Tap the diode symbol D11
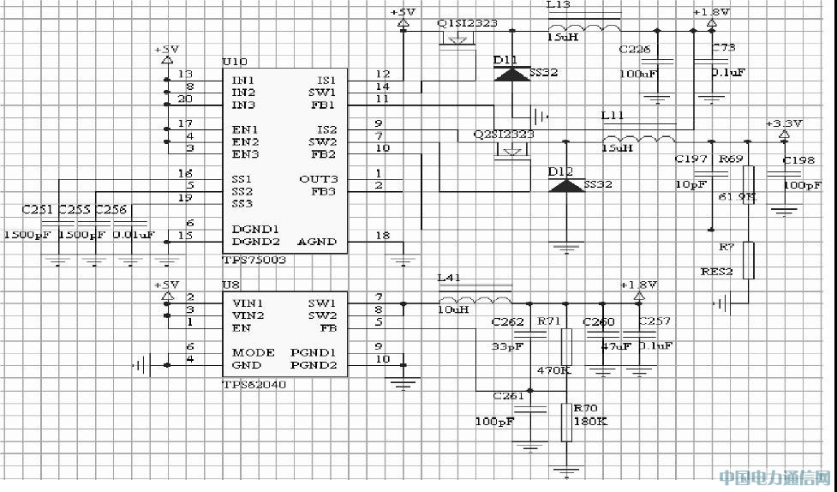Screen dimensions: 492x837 point(513,75)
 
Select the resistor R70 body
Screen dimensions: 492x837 point(565,422)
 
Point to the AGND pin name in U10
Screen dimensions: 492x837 point(316,242)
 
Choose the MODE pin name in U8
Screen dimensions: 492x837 point(253,352)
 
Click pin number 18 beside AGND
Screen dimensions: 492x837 point(382,235)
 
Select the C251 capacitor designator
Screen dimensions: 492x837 point(37,208)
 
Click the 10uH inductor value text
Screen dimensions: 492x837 point(453,309)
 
